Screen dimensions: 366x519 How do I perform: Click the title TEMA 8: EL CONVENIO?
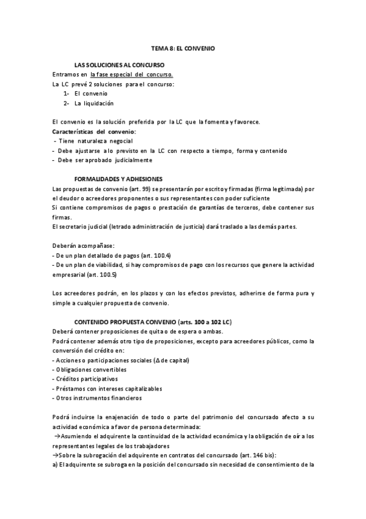pyautogui.click(x=183, y=47)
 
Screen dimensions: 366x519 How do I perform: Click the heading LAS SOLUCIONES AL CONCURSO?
pyautogui.click(x=119, y=64)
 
